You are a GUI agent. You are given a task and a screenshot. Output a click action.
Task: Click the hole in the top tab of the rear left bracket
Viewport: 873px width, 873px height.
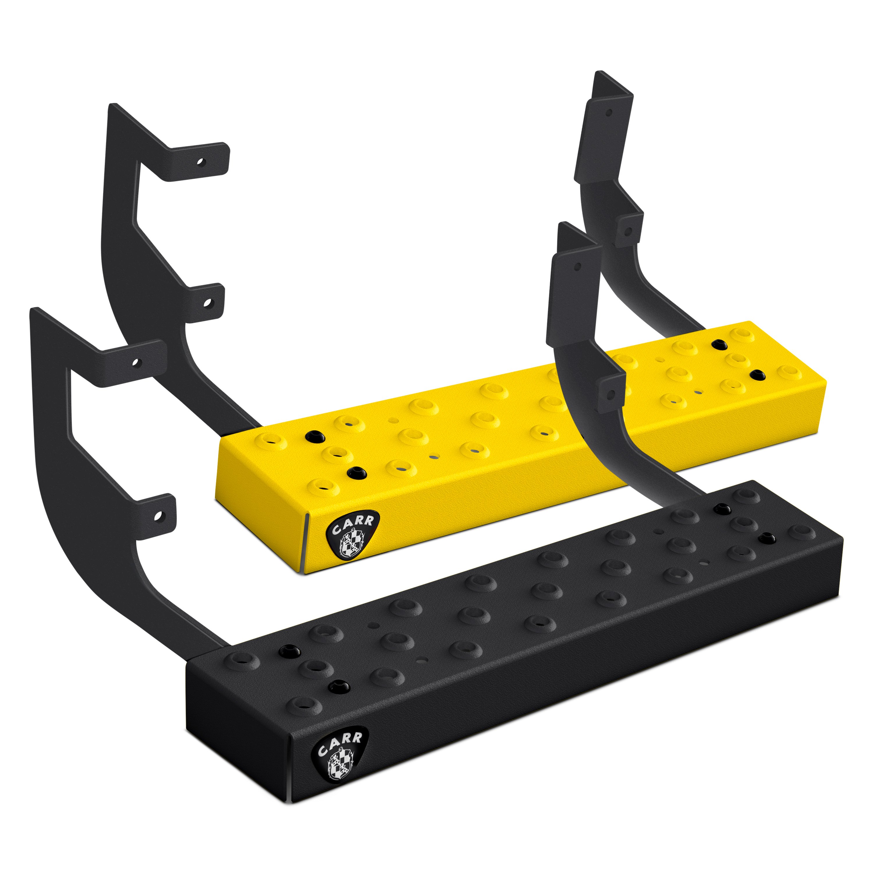tap(200, 161)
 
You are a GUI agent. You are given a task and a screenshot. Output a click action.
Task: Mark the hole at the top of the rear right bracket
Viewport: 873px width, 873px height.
tap(609, 112)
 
